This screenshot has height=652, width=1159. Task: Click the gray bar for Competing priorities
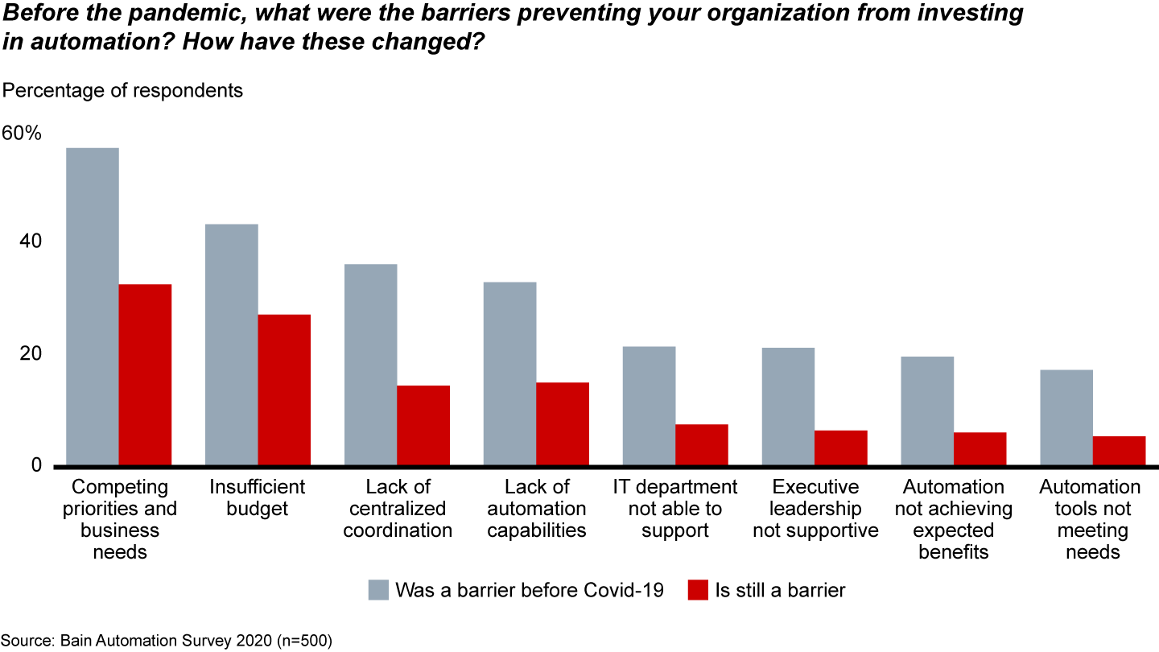click(92, 306)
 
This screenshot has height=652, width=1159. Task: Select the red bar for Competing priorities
click(145, 374)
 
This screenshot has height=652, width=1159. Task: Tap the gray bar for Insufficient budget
click(231, 345)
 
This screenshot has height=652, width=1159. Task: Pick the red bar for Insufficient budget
click(284, 390)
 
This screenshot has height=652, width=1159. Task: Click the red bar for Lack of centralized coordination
click(423, 425)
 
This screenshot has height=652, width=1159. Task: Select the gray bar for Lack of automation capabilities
click(509, 373)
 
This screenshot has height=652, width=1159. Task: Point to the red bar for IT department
click(702, 444)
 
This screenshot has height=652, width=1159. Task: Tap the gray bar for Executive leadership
click(788, 406)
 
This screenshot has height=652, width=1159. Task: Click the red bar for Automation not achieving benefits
click(980, 448)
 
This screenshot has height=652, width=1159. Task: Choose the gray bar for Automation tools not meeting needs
click(1066, 417)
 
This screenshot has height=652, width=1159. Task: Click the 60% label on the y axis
click(22, 134)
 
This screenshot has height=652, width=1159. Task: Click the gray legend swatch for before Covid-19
click(378, 590)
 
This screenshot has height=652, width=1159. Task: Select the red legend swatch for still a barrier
click(698, 590)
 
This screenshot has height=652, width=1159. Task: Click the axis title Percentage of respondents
click(123, 90)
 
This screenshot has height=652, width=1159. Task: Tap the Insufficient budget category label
click(257, 497)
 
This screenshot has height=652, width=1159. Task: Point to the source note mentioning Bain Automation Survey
click(166, 641)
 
